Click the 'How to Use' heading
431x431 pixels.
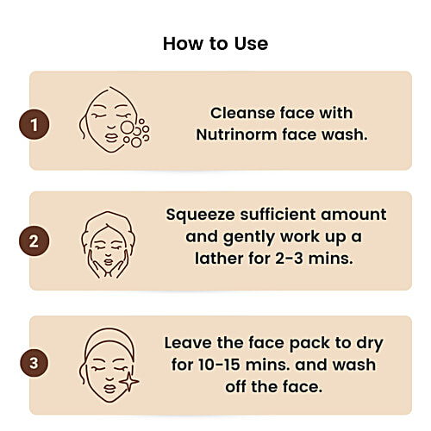tap(215, 43)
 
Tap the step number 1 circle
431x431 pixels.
tap(34, 125)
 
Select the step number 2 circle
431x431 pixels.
tap(34, 240)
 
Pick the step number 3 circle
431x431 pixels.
tap(34, 363)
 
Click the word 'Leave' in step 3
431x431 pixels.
tap(191, 342)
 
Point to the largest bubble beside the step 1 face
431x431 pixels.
tap(128, 128)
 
